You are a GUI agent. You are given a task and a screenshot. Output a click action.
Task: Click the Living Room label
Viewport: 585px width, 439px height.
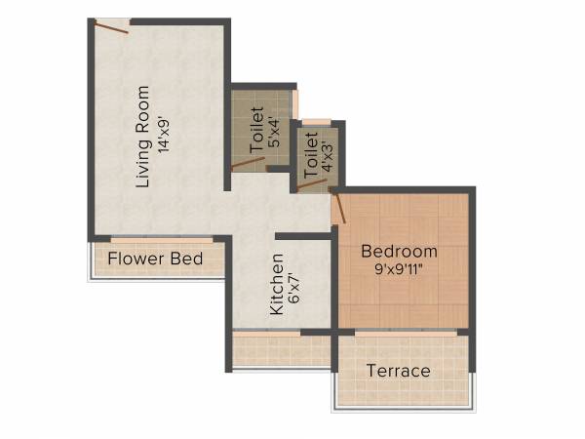click(x=142, y=138)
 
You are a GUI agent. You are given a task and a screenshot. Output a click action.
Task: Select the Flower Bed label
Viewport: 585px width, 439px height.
click(x=155, y=259)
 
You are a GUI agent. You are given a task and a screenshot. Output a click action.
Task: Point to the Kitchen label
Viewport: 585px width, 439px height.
click(x=277, y=285)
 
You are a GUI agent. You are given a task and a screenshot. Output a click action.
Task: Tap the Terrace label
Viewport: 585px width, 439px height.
click(x=398, y=371)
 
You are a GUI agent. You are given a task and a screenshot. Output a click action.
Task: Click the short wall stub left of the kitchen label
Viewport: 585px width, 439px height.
click(x=292, y=236)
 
